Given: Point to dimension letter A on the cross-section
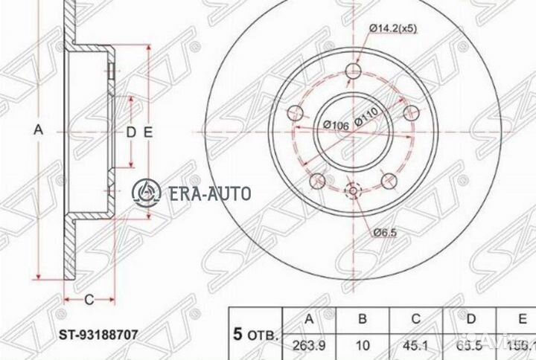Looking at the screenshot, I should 39,129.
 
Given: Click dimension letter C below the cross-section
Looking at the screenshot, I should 88,300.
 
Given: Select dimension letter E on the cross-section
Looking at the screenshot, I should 148,132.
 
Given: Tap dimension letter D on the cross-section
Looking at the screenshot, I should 130,132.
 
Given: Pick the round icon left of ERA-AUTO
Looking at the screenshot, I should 147,193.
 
